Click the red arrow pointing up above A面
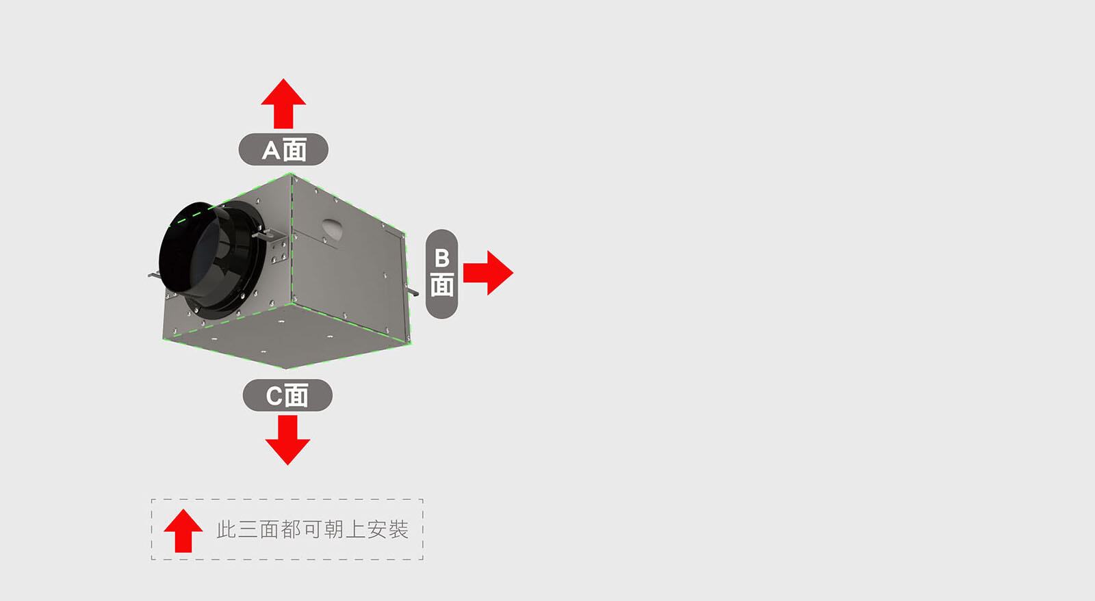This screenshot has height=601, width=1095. click(283, 103)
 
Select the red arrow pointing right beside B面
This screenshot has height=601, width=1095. click(488, 273)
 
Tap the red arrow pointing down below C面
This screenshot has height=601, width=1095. click(287, 440)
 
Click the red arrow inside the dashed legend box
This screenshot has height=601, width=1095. click(183, 531)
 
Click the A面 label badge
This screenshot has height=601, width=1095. click(283, 149)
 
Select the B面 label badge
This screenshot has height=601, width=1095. click(441, 274)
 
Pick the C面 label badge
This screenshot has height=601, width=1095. click(287, 395)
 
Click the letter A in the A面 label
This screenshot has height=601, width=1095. click(272, 150)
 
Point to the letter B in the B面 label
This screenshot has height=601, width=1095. click(442, 258)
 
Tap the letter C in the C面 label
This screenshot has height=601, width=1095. click(274, 396)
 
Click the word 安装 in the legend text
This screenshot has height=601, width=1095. click(387, 529)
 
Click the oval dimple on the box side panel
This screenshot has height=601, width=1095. click(332, 229)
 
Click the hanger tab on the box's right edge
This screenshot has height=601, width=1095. click(412, 292)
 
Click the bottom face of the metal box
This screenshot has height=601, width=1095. click(287, 335)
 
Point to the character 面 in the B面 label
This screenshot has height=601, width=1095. click(442, 284)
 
